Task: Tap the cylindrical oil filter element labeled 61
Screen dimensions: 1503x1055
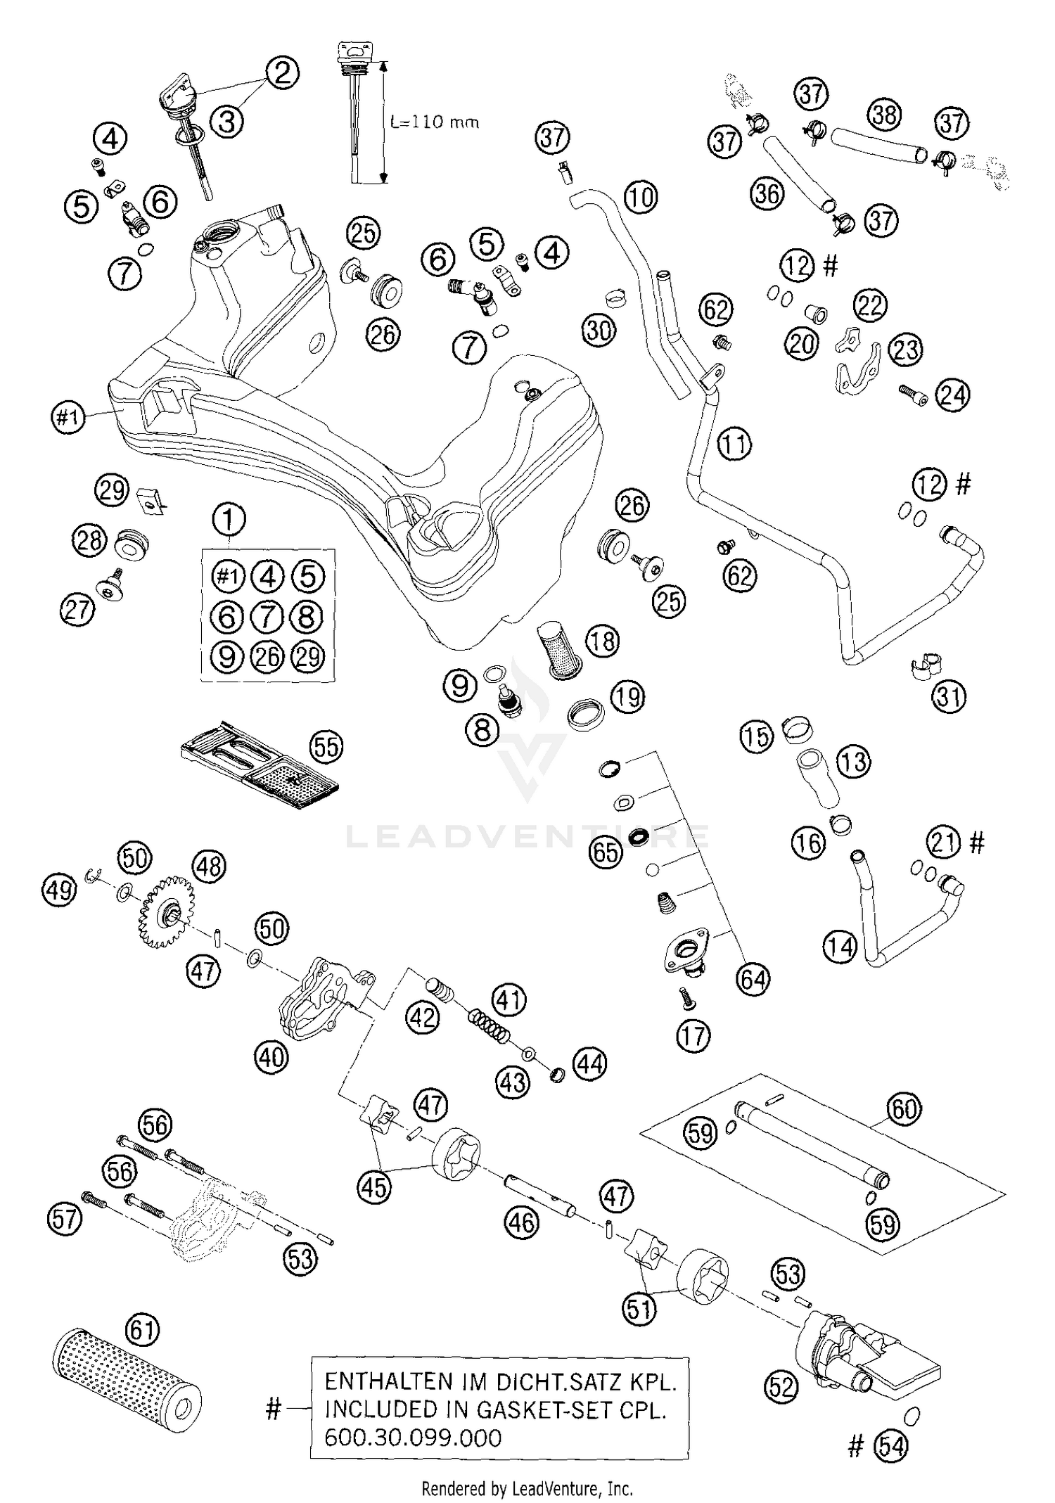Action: point(127,1379)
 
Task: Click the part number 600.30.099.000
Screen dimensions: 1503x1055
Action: point(413,1437)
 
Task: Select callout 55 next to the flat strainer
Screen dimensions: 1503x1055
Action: point(326,747)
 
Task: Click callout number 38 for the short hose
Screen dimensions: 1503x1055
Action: point(884,114)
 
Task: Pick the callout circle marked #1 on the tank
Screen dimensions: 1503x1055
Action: point(68,418)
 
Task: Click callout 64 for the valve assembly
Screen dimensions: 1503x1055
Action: point(753,978)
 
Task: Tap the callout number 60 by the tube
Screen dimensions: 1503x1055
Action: point(904,1109)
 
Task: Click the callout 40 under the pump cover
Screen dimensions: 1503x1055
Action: point(272,1056)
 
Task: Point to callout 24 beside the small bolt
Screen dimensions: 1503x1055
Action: point(952,395)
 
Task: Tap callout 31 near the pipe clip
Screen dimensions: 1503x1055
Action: point(949,697)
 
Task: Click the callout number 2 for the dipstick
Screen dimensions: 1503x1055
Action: point(281,72)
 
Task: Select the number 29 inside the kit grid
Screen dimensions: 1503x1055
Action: point(307,657)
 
